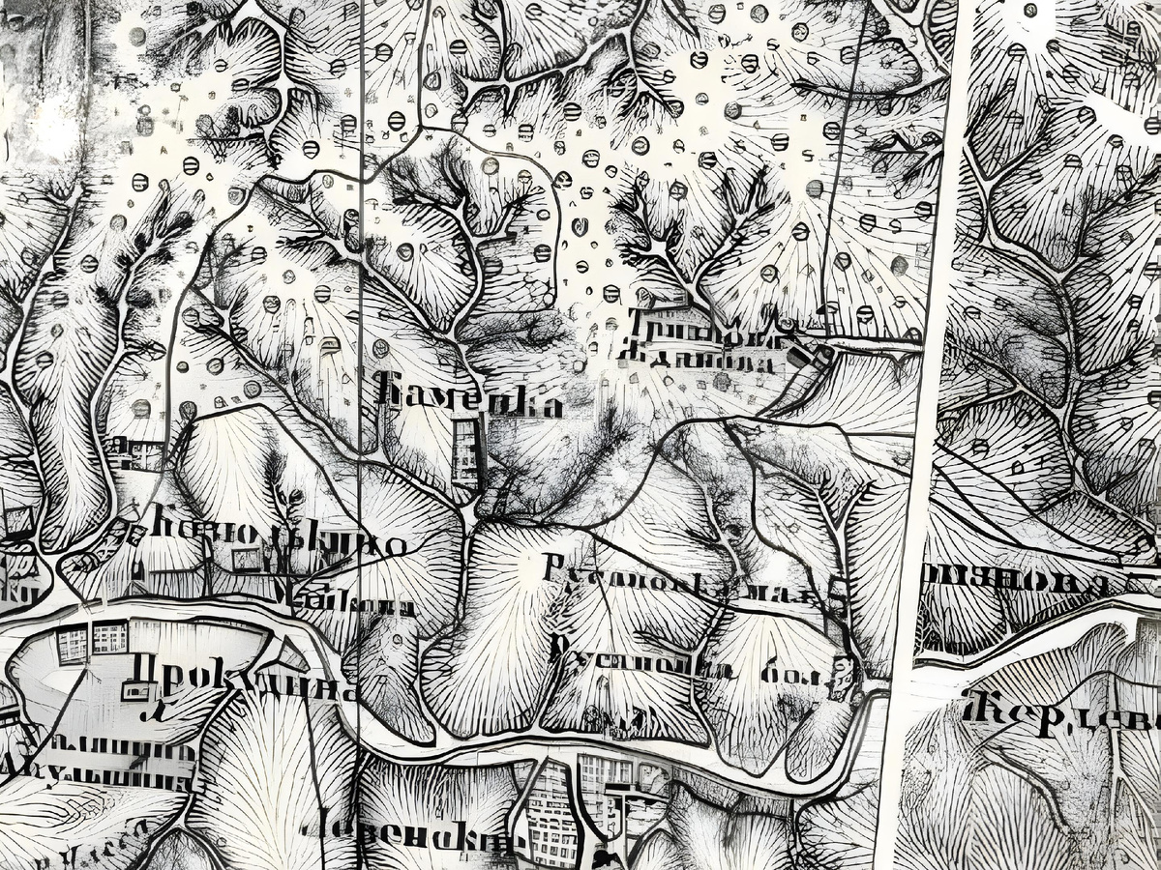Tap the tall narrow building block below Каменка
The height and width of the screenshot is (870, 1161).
pyautogui.click(x=466, y=452)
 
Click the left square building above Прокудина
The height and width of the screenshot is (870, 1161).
pyautogui.click(x=73, y=643)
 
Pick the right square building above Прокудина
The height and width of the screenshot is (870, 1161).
pyautogui.click(x=109, y=637)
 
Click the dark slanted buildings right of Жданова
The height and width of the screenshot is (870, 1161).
pyautogui.click(x=811, y=357)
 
